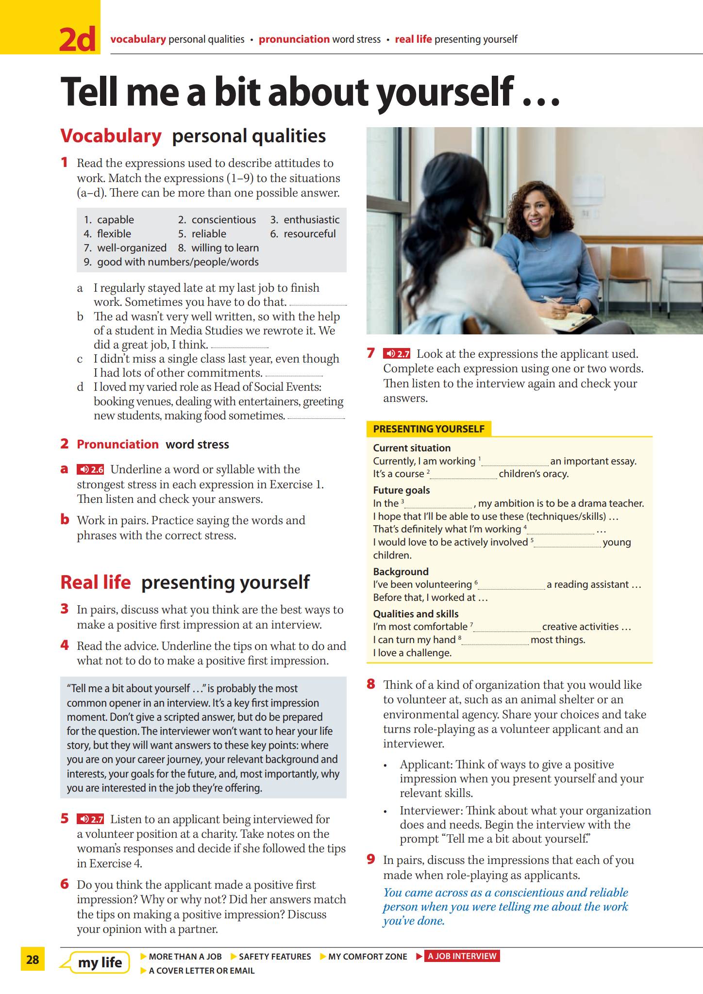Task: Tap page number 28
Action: coord(33,959)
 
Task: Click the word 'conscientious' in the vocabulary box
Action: coord(223,220)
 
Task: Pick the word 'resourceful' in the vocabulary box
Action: coord(309,234)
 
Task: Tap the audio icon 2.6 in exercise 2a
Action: coord(90,469)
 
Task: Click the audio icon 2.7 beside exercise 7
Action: coord(397,354)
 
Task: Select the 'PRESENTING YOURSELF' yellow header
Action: coord(429,429)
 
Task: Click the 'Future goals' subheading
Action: coord(402,490)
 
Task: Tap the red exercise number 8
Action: coord(371,684)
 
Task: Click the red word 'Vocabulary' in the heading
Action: coord(111,136)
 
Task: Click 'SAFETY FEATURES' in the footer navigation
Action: coord(274,957)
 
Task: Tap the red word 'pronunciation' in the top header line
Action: coord(294,39)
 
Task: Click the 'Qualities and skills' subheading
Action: coord(416,613)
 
